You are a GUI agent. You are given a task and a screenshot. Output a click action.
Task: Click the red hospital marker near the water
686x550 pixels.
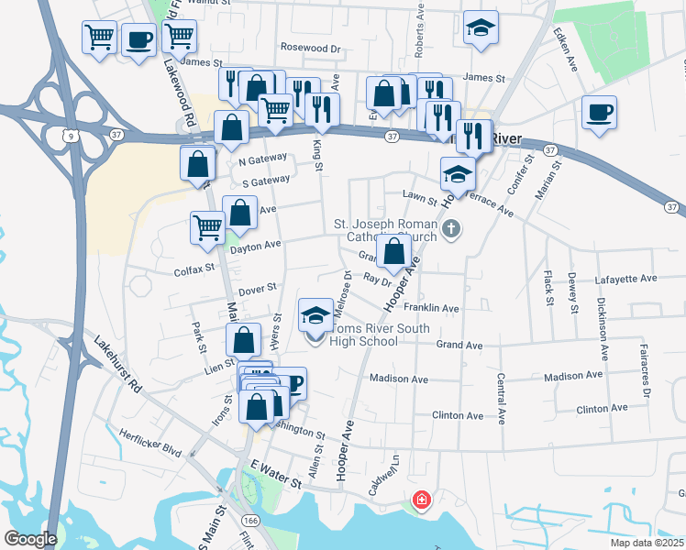click(x=421, y=500)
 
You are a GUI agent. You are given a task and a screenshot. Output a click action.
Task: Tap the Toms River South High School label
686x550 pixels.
click(x=364, y=335)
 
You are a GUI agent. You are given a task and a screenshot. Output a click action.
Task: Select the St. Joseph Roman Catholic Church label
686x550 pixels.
click(x=385, y=230)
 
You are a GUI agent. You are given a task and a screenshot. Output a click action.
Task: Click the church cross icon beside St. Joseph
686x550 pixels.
click(x=450, y=229)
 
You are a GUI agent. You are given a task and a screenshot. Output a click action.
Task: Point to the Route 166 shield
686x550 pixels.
click(x=251, y=518)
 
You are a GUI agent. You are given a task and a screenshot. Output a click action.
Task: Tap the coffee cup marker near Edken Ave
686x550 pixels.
click(x=599, y=113)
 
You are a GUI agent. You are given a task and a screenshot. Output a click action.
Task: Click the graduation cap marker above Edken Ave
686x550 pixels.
click(x=480, y=27)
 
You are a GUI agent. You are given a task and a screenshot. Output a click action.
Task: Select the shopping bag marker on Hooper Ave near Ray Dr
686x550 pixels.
click(x=393, y=251)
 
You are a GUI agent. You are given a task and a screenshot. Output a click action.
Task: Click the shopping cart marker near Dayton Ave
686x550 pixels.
click(x=208, y=227)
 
